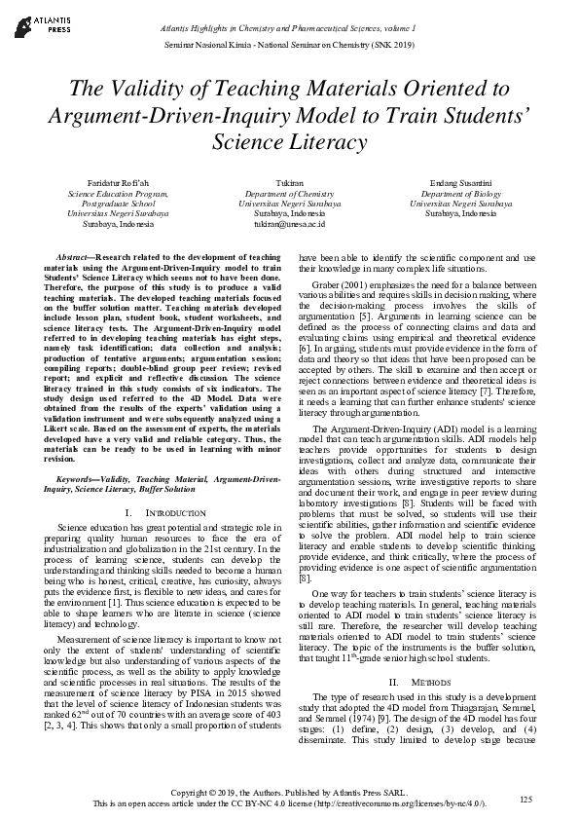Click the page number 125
tap(526, 800)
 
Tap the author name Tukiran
tap(290, 183)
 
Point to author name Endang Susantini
tap(461, 183)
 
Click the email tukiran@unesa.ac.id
tap(290, 223)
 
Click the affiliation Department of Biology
tap(461, 194)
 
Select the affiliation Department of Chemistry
tap(290, 194)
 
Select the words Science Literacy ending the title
tap(290, 142)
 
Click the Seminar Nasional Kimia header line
tap(290, 47)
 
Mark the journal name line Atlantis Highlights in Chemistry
tap(290, 31)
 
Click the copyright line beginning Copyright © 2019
tap(290, 795)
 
